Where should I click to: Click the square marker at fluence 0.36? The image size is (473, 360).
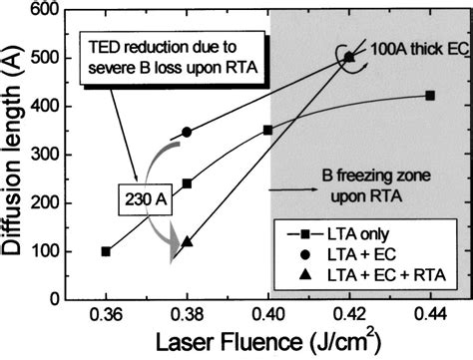[107, 251]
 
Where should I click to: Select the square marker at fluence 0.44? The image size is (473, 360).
[430, 96]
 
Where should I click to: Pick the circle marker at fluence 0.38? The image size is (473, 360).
[188, 132]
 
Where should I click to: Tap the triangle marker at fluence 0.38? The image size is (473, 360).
[188, 241]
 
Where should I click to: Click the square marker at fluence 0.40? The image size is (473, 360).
[267, 130]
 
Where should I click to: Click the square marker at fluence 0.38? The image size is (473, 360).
[188, 183]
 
